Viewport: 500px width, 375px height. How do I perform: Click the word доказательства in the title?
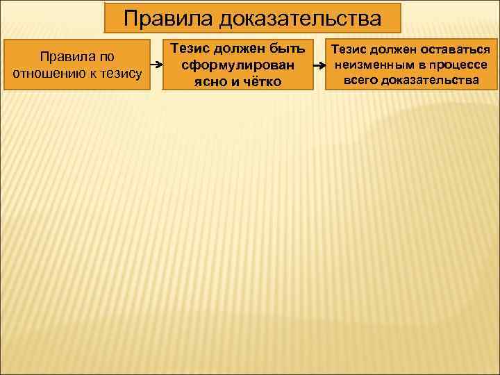click(301, 19)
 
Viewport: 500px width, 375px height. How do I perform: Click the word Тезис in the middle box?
click(188, 49)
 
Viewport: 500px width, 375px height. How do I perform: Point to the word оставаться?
click(455, 51)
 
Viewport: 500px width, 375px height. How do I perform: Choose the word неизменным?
click(374, 65)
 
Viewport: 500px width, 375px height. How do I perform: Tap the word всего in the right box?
click(360, 80)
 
